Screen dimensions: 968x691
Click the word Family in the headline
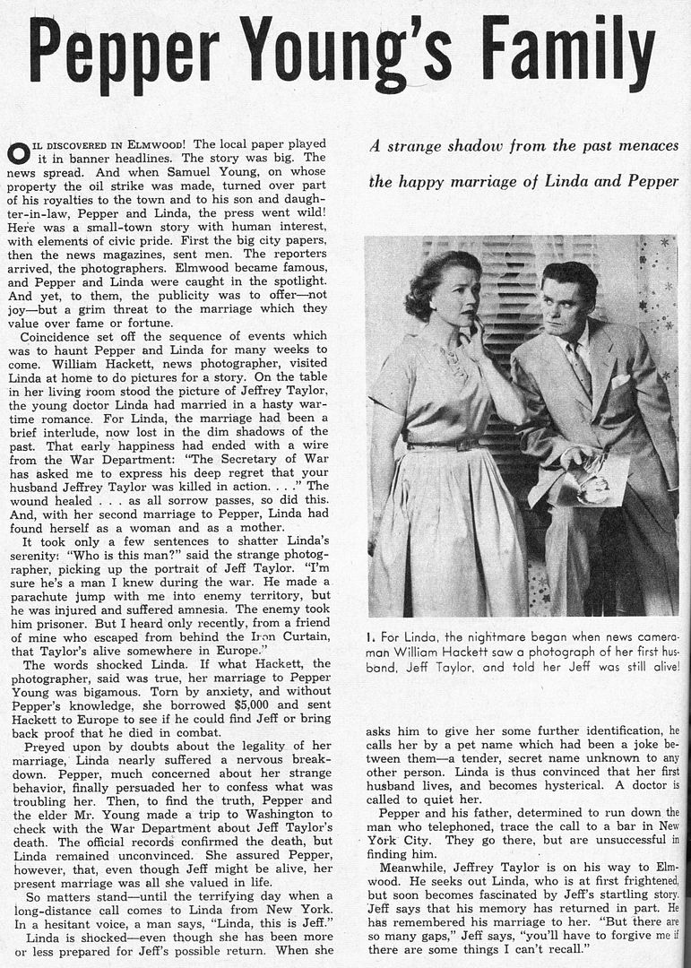point(569,49)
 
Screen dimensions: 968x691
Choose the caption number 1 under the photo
point(369,637)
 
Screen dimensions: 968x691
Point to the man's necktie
point(580,367)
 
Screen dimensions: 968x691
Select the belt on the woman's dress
point(442,443)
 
